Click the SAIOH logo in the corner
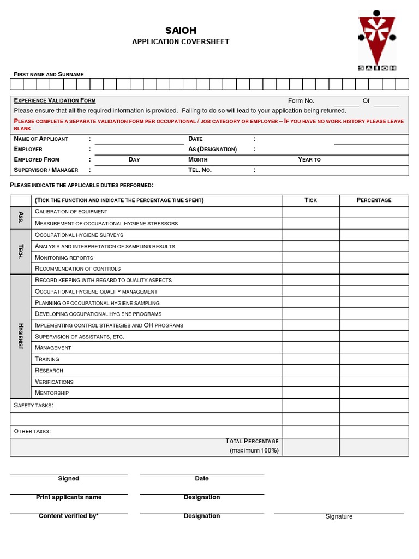(x=377, y=40)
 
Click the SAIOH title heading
(x=181, y=31)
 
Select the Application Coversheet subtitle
(x=181, y=42)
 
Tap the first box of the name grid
(x=17, y=84)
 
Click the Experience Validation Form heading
(x=55, y=100)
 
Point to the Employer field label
(x=28, y=149)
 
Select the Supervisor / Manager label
(x=46, y=170)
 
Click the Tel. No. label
(x=200, y=170)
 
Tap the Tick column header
(x=310, y=200)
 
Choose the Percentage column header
(x=374, y=200)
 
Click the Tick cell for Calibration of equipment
(x=310, y=212)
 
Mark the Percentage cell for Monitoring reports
(x=374, y=257)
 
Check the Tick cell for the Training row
(x=310, y=359)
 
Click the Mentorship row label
(x=52, y=393)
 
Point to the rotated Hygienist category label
(x=21, y=336)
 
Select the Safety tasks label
(x=33, y=405)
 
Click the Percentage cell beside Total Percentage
(x=374, y=447)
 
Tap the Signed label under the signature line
(x=69, y=479)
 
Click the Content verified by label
(x=68, y=516)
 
